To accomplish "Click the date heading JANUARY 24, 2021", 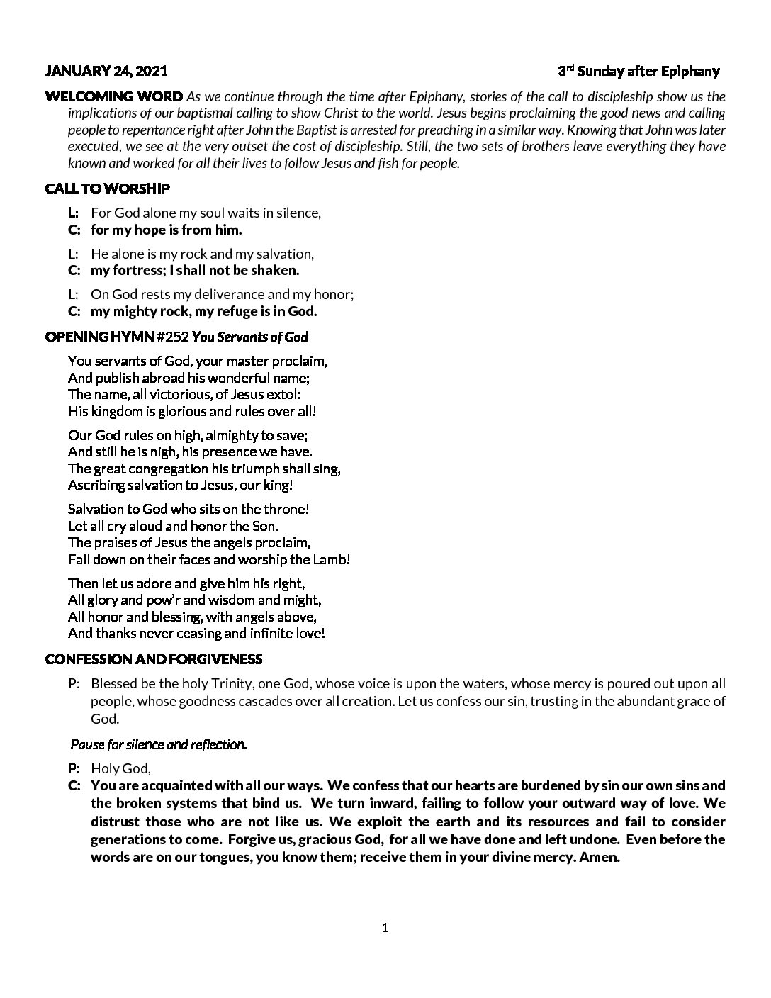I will point(106,71).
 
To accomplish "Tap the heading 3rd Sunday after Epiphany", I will point(638,71).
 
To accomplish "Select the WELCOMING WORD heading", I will point(113,96).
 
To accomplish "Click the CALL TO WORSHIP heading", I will point(107,189).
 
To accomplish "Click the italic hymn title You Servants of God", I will point(250,337).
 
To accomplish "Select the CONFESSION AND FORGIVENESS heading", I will point(153,659).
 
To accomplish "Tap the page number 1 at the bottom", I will point(385,928).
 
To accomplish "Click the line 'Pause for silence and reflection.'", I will point(159,744).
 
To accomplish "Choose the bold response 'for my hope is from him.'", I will point(167,230).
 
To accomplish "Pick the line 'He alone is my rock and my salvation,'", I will point(202,254).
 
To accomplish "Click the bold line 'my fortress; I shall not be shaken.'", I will point(195,270).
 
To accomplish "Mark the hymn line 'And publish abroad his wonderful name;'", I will point(184,378).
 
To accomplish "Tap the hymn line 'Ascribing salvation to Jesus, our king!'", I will point(180,486).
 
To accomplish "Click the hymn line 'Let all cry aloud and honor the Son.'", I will point(173,526).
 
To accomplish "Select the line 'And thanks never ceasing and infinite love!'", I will point(196,633).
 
